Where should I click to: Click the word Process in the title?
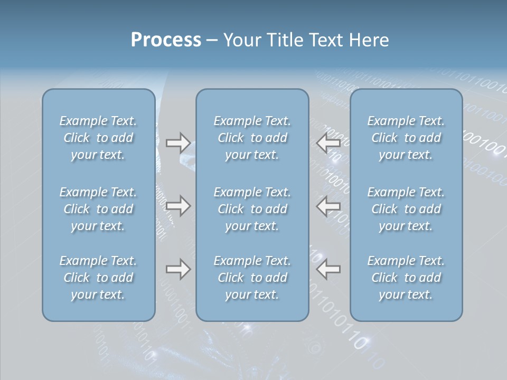click(x=166, y=40)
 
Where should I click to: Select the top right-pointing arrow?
click(x=178, y=142)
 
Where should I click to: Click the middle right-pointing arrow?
click(x=178, y=206)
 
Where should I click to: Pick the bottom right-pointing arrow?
click(x=178, y=269)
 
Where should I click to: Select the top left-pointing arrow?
click(x=328, y=142)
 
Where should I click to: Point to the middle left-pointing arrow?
click(x=328, y=206)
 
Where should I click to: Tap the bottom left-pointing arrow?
click(x=328, y=269)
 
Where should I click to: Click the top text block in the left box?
click(x=98, y=138)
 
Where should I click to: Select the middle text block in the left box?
click(x=98, y=209)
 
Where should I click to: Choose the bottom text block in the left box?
click(x=98, y=278)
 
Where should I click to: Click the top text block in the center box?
click(x=252, y=138)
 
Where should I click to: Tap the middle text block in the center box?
click(x=252, y=209)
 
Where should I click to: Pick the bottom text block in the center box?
click(x=252, y=278)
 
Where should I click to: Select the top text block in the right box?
click(x=406, y=138)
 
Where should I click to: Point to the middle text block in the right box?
click(x=406, y=209)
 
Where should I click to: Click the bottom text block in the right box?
click(x=406, y=278)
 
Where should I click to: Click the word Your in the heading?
click(x=240, y=40)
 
